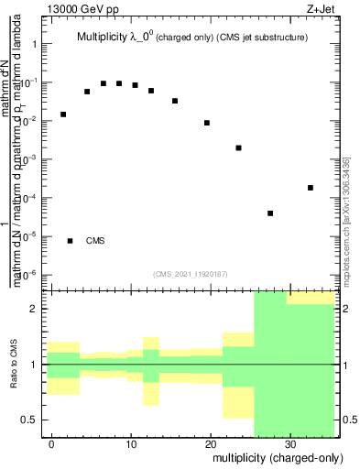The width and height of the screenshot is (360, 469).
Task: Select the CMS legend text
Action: click(x=95, y=241)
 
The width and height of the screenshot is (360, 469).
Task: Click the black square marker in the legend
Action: click(x=71, y=241)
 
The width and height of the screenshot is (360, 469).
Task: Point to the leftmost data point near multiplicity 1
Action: click(x=63, y=115)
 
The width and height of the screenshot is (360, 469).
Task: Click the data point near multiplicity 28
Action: click(x=270, y=213)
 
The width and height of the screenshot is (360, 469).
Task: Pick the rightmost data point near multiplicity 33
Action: click(x=311, y=188)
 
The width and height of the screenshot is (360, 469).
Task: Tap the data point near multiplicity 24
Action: click(x=238, y=147)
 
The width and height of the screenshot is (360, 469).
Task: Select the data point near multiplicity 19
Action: click(x=207, y=123)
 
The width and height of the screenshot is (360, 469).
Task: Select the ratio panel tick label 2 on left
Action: click(x=35, y=309)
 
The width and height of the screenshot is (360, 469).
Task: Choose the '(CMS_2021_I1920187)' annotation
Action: click(x=190, y=273)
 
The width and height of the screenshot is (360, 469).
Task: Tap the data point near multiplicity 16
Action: click(x=175, y=101)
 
